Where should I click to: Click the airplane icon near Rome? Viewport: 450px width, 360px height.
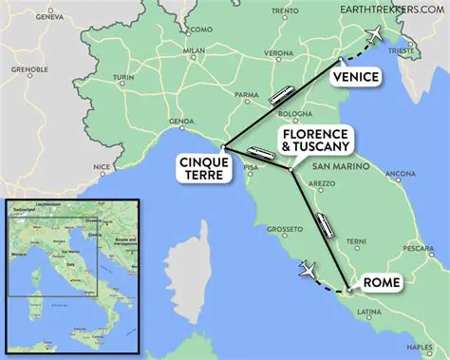(308, 270)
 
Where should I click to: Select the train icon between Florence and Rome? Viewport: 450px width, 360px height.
(325, 225)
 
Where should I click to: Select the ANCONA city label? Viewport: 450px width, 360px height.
(400, 174)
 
